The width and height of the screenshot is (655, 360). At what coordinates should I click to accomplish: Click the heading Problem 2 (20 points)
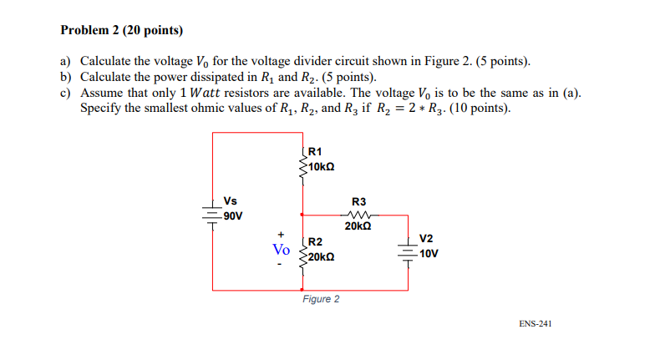tap(122, 31)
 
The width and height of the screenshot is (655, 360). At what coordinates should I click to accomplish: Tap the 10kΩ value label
tap(322, 167)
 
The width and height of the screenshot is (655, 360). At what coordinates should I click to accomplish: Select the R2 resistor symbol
tap(302, 250)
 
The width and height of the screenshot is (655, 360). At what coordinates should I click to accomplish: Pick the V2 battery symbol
tap(409, 251)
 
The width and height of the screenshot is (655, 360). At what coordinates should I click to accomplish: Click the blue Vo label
tap(282, 249)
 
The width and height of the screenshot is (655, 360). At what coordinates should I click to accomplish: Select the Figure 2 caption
tap(321, 299)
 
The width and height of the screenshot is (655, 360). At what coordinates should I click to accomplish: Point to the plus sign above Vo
tap(282, 234)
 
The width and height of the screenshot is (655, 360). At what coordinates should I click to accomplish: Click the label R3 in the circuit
tap(358, 200)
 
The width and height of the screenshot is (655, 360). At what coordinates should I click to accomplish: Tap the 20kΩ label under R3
tap(358, 226)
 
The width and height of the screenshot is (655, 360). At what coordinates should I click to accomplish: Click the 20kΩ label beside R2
tap(322, 256)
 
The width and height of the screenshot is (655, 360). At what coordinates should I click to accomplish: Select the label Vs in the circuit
tap(231, 201)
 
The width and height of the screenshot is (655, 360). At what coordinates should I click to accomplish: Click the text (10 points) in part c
tap(480, 108)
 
